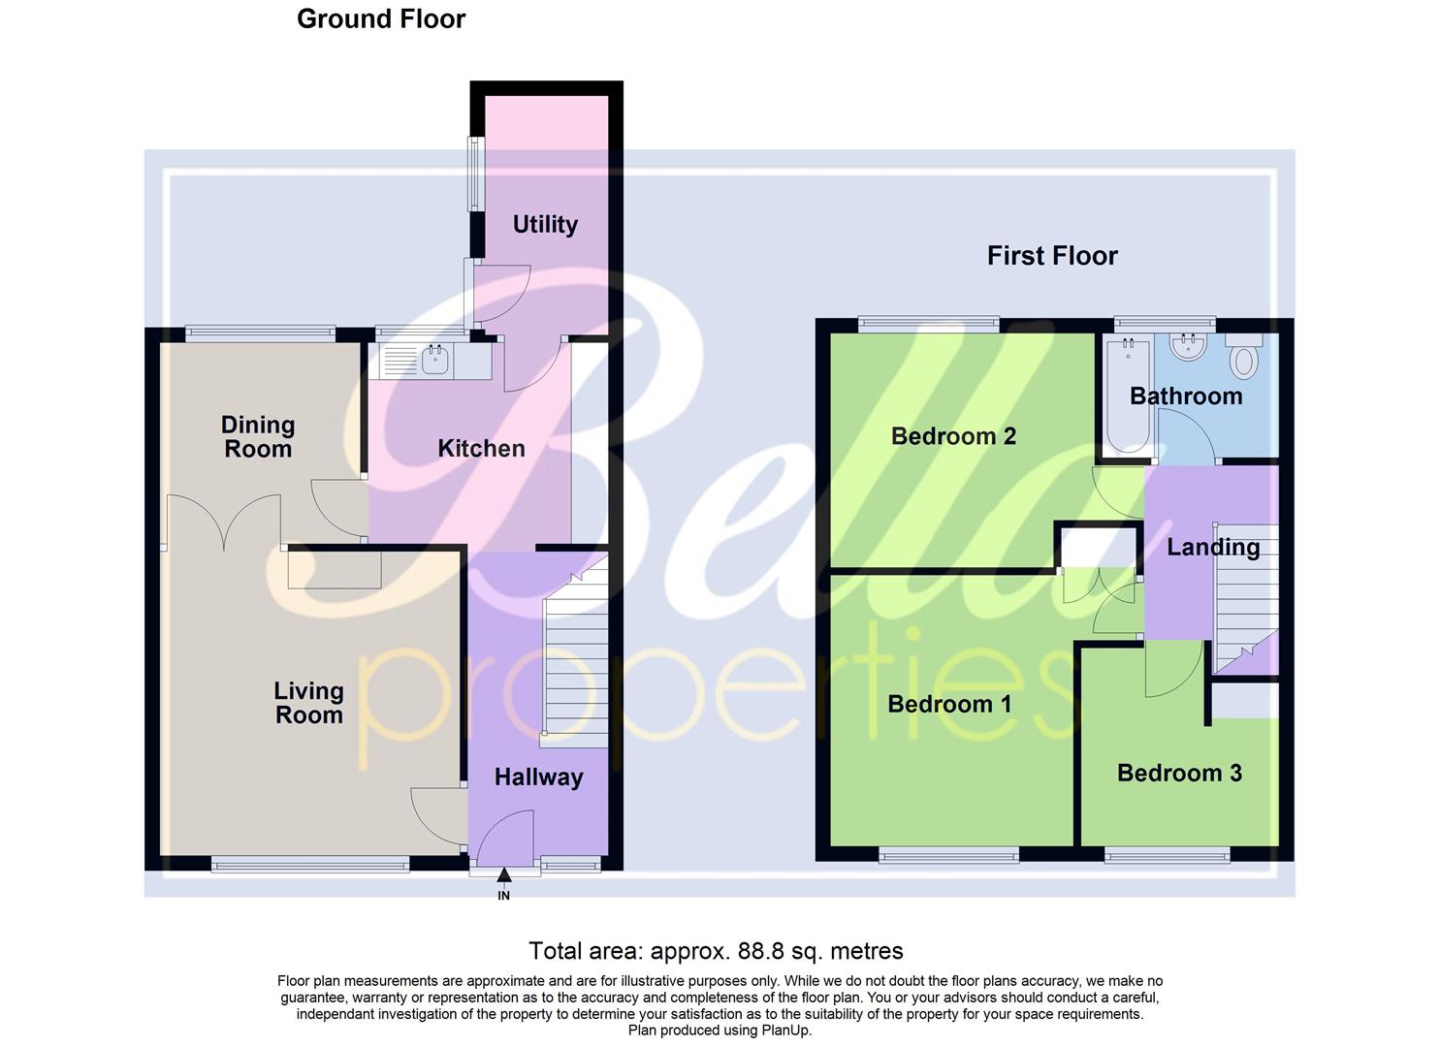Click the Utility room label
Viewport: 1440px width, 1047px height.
[545, 225]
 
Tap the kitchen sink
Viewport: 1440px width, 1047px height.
[435, 363]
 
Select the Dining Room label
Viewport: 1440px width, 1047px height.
[257, 436]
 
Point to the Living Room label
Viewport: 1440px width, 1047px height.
[308, 703]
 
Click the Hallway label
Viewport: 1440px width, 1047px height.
[538, 777]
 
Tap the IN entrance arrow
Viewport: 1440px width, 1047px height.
[503, 877]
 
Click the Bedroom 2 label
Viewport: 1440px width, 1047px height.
[953, 436]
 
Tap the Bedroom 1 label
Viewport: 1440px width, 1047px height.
[949, 704]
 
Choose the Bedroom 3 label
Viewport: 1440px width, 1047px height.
[1179, 773]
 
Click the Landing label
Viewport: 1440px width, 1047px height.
[1213, 548]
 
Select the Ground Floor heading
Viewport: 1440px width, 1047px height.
[381, 19]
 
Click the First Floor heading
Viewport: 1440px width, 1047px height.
[1052, 256]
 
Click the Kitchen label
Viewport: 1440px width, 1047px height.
[481, 448]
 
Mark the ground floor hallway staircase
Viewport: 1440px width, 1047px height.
[573, 659]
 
